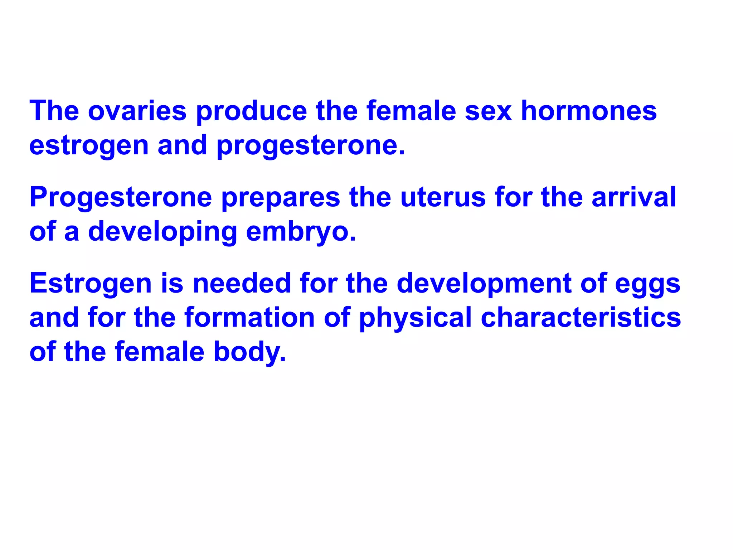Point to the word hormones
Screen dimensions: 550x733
588,111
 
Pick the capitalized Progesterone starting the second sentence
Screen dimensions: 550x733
121,198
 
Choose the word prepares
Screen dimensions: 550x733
281,198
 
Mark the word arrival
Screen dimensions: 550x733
634,197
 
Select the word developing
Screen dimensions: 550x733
162,232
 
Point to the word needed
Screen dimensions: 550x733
242,283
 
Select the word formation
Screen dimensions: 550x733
249,318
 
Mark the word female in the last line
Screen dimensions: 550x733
160,352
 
